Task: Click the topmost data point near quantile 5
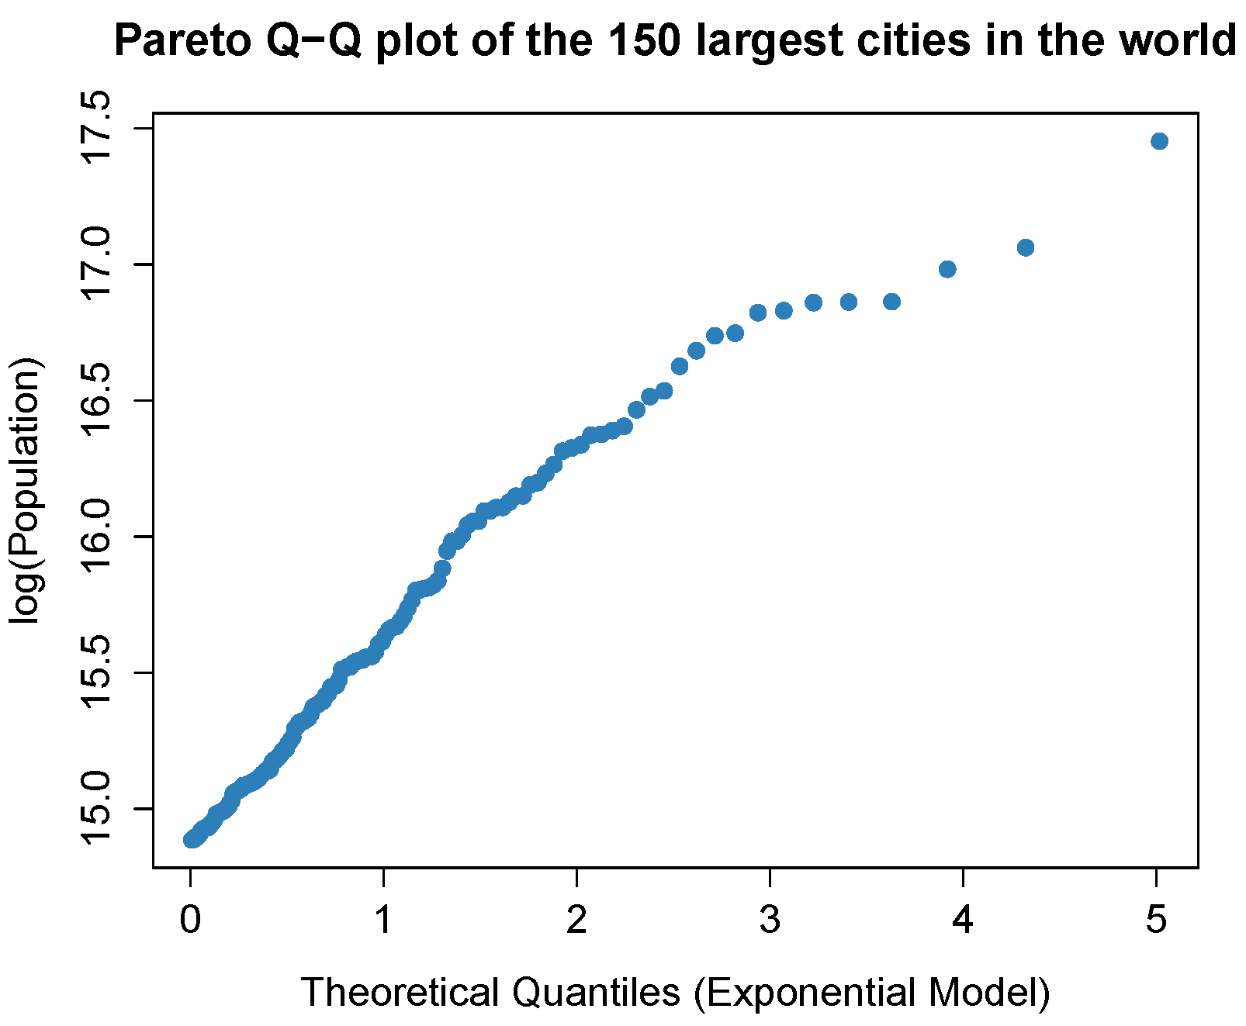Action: pyautogui.click(x=1159, y=141)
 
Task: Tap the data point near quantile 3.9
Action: pyautogui.click(x=947, y=269)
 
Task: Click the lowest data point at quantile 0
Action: pyautogui.click(x=191, y=839)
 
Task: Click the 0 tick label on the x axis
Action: pyautogui.click(x=191, y=920)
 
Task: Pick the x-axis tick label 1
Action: pyautogui.click(x=383, y=920)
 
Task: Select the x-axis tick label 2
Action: pyautogui.click(x=576, y=920)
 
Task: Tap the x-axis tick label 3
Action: pyautogui.click(x=770, y=920)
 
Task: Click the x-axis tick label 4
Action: pyautogui.click(x=963, y=920)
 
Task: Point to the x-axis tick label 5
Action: pyautogui.click(x=1156, y=920)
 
